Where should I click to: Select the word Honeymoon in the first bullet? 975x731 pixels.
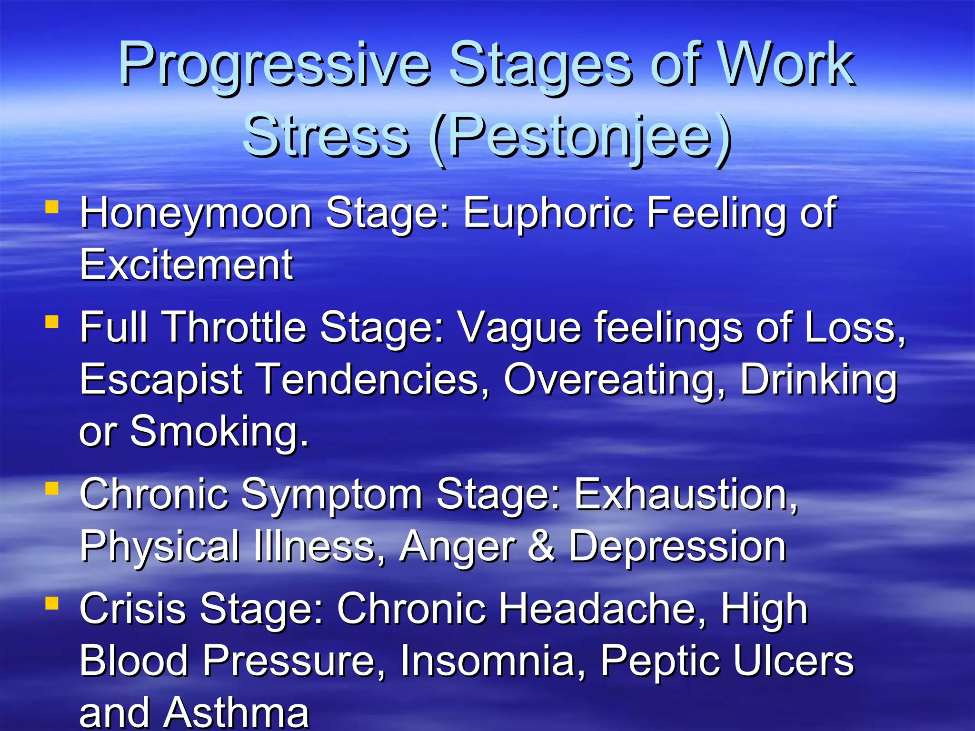point(196,215)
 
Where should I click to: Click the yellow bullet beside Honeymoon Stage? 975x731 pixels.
point(52,207)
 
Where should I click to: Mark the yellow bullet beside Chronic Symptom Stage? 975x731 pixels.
point(52,488)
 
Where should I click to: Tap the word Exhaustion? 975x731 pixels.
point(686,494)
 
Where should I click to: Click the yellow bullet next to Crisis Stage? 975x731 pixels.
point(52,603)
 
